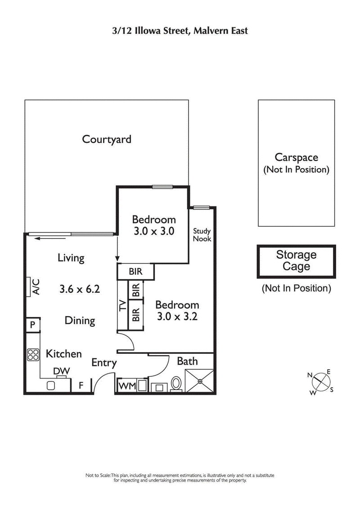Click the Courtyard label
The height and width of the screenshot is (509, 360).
click(107, 139)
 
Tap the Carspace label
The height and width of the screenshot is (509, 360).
click(296, 157)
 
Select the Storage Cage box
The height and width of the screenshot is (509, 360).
click(296, 261)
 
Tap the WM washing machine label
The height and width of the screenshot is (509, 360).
click(126, 386)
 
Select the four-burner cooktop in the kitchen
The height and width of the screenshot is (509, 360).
click(33, 355)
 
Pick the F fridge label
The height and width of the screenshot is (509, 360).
click(81, 385)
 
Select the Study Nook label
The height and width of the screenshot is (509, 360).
click(202, 235)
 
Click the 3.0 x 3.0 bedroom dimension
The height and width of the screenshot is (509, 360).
click(153, 232)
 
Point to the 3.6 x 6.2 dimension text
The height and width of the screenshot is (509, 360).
click(80, 289)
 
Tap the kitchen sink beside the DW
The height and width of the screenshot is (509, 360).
click(51, 385)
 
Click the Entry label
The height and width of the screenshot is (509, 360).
click(104, 363)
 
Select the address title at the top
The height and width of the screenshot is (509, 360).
click(180, 31)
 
